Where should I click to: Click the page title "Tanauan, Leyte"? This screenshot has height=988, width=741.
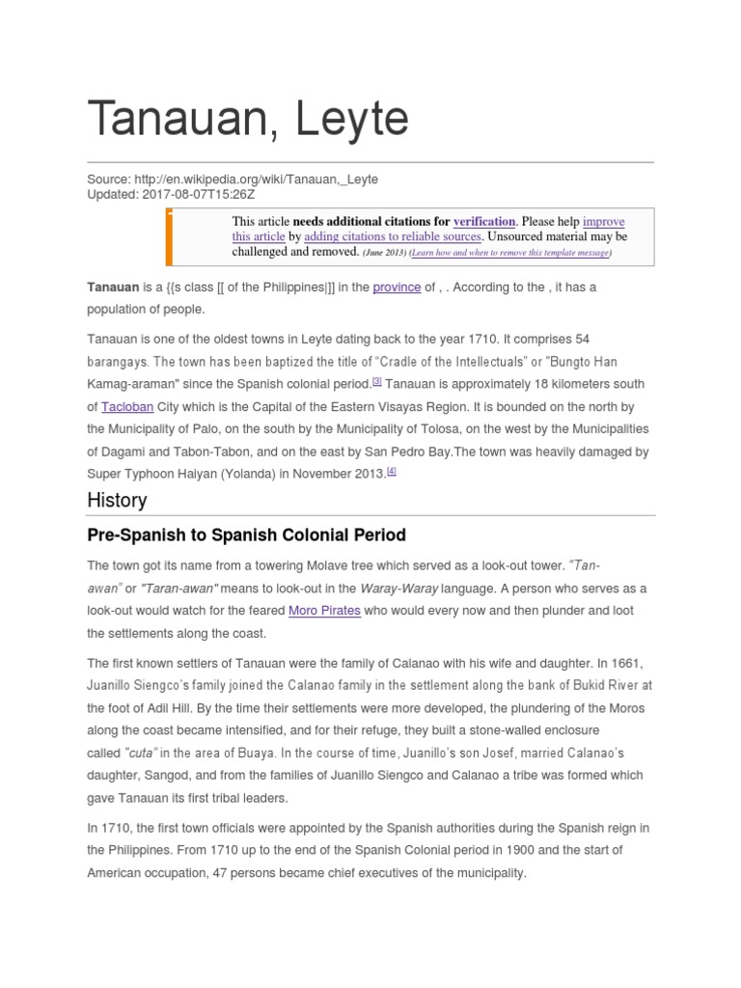coord(248,119)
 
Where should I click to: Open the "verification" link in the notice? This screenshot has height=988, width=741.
coord(484,221)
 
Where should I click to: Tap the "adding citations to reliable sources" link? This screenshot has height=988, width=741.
coord(393,236)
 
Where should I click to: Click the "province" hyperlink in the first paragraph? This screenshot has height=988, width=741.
coord(397,288)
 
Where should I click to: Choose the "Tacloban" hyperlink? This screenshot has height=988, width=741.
coord(127,407)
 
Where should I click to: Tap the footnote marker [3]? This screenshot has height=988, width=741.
coord(377,382)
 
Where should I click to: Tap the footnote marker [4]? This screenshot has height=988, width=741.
coord(392,471)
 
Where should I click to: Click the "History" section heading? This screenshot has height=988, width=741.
coord(117,500)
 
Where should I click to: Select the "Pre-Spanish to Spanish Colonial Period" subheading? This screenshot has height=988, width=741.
coord(246,535)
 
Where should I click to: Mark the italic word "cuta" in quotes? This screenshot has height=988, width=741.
coord(149,753)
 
